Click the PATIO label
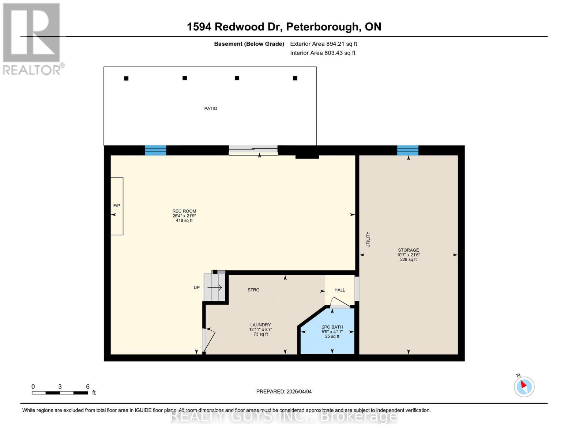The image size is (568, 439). point(211,108)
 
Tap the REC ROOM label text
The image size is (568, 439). point(184,211)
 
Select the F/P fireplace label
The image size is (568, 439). point(117,206)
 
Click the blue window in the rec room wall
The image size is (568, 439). point(155,150)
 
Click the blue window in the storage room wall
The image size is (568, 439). point(408,150)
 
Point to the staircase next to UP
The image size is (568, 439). point(215,288)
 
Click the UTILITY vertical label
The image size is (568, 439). point(368,240)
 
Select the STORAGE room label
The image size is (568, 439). point(409,250)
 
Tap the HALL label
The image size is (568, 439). point(340,290)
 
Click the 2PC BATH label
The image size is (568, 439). point(332,327)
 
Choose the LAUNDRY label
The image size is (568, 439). point(260,325)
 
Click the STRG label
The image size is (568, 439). point(253,290)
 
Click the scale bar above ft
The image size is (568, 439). point(60,393)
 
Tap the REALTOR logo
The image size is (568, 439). point(32,38)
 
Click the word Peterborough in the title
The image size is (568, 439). point(322,27)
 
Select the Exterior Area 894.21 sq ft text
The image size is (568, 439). point(323,44)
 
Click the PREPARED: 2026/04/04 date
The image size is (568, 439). point(284,391)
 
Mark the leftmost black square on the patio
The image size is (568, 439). point(126,78)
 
